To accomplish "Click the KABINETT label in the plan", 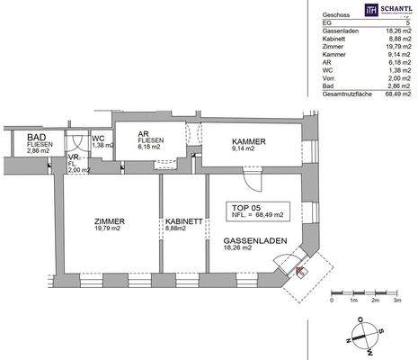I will coord(183,221).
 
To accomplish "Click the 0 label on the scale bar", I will coord(332,301).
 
